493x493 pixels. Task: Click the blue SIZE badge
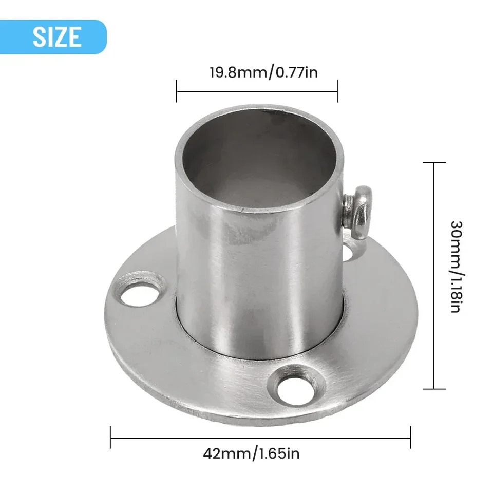53,37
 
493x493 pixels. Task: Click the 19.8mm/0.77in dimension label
263,72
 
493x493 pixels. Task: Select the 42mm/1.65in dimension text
251,453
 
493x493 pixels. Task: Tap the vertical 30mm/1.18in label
457,267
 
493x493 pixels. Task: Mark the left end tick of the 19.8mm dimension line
176,91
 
